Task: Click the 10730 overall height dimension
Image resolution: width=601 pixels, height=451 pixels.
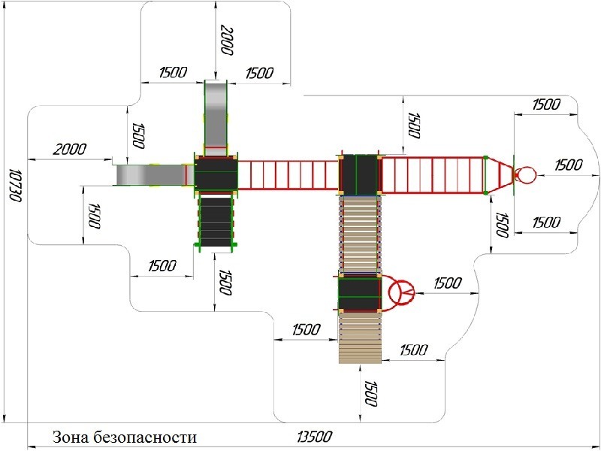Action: [14, 184]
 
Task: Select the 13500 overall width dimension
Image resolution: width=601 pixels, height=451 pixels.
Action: [314, 437]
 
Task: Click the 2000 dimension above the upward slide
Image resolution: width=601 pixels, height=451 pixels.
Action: [227, 41]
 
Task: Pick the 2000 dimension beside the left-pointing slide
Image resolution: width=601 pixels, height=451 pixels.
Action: [69, 149]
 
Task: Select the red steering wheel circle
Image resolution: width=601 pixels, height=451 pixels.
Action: [401, 292]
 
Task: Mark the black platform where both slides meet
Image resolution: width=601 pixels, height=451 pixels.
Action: [216, 174]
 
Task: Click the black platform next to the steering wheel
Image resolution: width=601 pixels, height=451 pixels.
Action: [360, 293]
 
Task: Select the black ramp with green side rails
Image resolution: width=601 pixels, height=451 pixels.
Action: [216, 222]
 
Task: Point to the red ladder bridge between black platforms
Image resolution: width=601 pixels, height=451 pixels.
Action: [288, 175]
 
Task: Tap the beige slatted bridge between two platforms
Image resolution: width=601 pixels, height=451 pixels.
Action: [360, 235]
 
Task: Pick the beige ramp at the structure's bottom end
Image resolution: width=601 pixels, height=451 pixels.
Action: [360, 337]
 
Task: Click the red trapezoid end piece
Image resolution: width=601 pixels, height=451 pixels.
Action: [499, 175]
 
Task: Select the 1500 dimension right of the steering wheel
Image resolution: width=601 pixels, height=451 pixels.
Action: [447, 283]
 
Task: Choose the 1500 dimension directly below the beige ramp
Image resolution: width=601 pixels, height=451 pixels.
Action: [370, 393]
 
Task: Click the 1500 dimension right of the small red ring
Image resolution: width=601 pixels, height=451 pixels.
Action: [569, 165]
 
